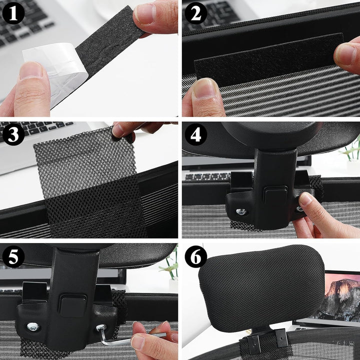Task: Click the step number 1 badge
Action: [13, 13]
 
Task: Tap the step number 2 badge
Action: [195, 13]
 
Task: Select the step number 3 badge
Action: [13, 134]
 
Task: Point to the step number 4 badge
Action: [195, 134]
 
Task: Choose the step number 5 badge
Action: [13, 256]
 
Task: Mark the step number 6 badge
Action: [195, 256]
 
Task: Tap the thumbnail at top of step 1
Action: [145, 14]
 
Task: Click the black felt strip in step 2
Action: [268, 59]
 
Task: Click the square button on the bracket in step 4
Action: [275, 194]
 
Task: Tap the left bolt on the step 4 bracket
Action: [241, 211]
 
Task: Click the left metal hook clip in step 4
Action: [241, 181]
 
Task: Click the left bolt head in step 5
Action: [33, 326]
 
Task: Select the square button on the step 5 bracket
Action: [73, 305]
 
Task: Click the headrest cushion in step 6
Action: [261, 288]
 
